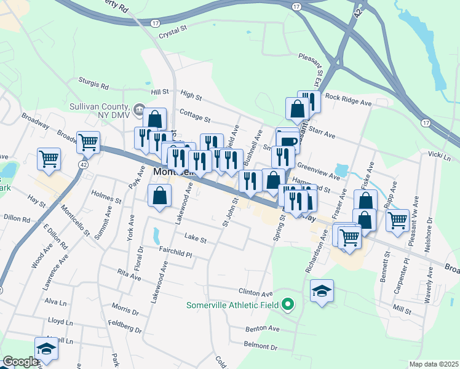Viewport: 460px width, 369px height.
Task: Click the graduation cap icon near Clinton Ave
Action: tap(322, 291)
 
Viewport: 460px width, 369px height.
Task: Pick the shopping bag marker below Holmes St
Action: tap(159, 197)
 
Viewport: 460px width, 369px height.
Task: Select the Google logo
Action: tap(21, 362)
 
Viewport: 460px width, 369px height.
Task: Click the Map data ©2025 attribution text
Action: tap(433, 364)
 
